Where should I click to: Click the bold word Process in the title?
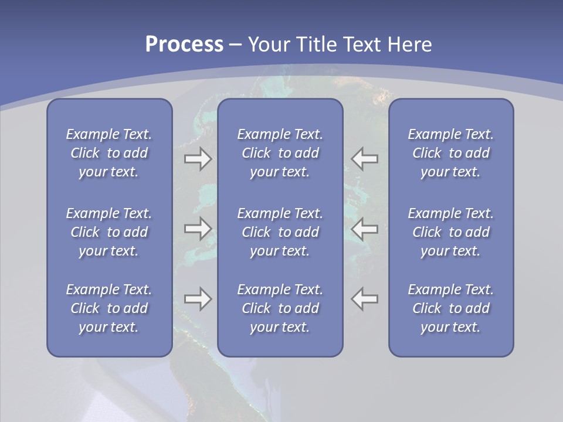(184, 45)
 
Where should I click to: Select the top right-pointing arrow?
(198, 159)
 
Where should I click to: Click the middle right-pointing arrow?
(198, 228)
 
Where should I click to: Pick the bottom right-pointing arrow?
(198, 298)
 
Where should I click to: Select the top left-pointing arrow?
(365, 159)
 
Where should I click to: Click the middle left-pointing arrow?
(365, 228)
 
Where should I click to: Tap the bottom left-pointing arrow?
(365, 298)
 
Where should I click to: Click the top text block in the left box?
(109, 153)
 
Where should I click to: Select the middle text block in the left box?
(109, 232)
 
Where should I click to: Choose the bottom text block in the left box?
(109, 308)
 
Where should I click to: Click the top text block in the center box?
(280, 153)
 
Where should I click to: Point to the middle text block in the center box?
(280, 232)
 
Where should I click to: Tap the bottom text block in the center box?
(280, 308)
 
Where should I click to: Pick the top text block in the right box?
(450, 153)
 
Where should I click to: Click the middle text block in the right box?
(450, 232)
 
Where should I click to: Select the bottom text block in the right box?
(450, 308)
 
